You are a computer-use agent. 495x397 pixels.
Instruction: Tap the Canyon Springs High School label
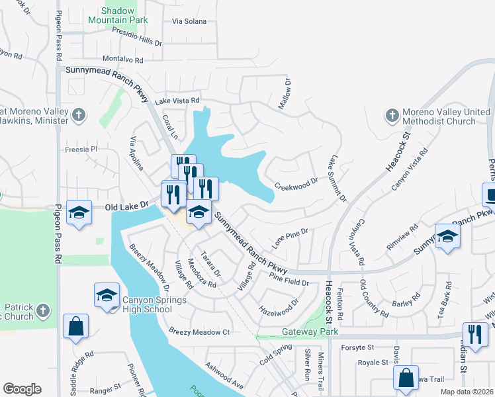point(147,304)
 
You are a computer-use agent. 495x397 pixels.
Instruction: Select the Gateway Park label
point(310,331)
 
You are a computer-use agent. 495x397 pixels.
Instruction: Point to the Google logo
point(22,389)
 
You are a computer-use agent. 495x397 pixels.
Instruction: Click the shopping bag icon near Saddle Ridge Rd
point(76,326)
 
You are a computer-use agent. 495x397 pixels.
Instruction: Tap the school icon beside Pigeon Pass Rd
point(79,213)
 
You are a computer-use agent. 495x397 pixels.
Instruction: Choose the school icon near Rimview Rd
point(448,237)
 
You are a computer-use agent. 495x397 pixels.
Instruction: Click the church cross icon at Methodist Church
point(392,116)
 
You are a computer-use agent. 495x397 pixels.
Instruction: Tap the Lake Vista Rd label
point(177,101)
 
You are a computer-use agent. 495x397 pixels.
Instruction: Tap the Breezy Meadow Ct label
point(199,331)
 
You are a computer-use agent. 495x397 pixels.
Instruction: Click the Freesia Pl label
point(81,150)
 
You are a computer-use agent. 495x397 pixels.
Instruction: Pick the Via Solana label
point(189,21)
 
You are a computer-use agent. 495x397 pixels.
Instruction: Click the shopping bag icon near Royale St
point(406,378)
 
